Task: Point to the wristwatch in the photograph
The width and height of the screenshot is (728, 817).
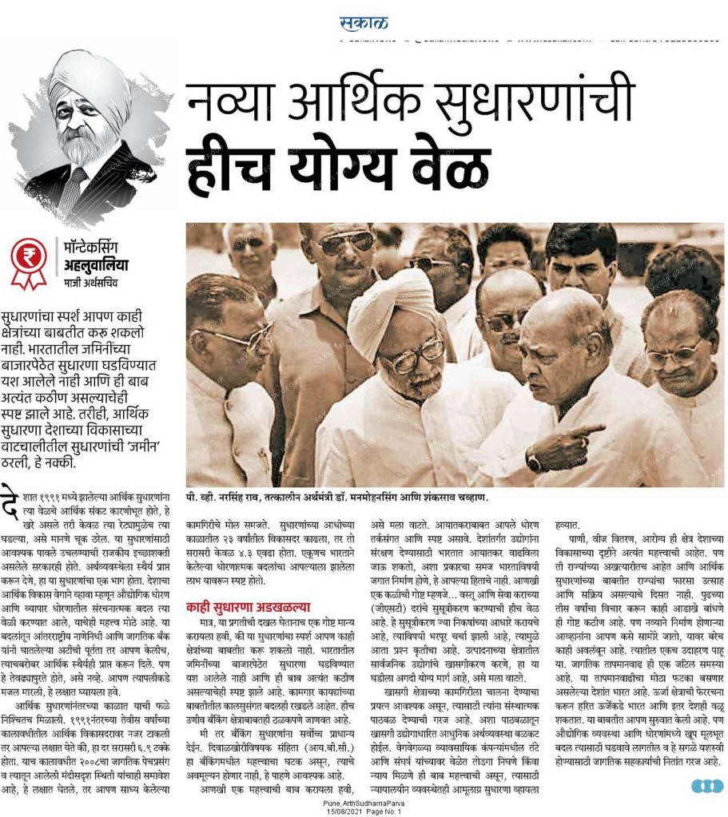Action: click(533, 462)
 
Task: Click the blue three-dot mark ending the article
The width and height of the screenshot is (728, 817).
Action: click(706, 787)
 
